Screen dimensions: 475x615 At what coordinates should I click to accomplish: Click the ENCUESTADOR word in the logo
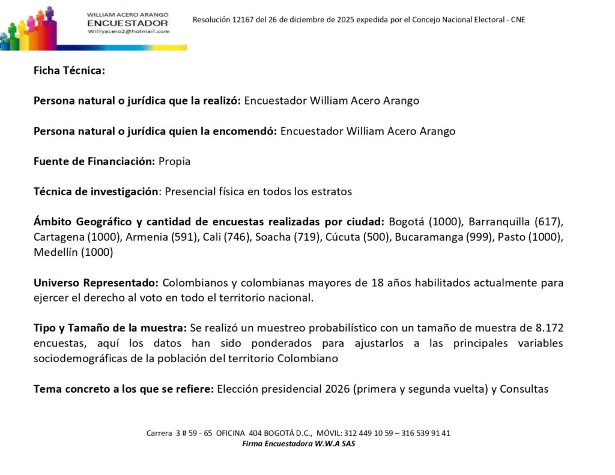pyautogui.click(x=128, y=23)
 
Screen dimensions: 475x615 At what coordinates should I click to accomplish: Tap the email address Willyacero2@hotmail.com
pyautogui.click(x=128, y=31)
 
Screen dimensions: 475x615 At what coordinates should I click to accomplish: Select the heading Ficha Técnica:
pyautogui.click(x=69, y=71)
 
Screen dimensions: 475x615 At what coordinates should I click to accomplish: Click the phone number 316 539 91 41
pyautogui.click(x=423, y=434)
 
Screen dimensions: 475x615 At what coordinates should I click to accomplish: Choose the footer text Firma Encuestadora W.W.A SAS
pyautogui.click(x=298, y=444)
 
